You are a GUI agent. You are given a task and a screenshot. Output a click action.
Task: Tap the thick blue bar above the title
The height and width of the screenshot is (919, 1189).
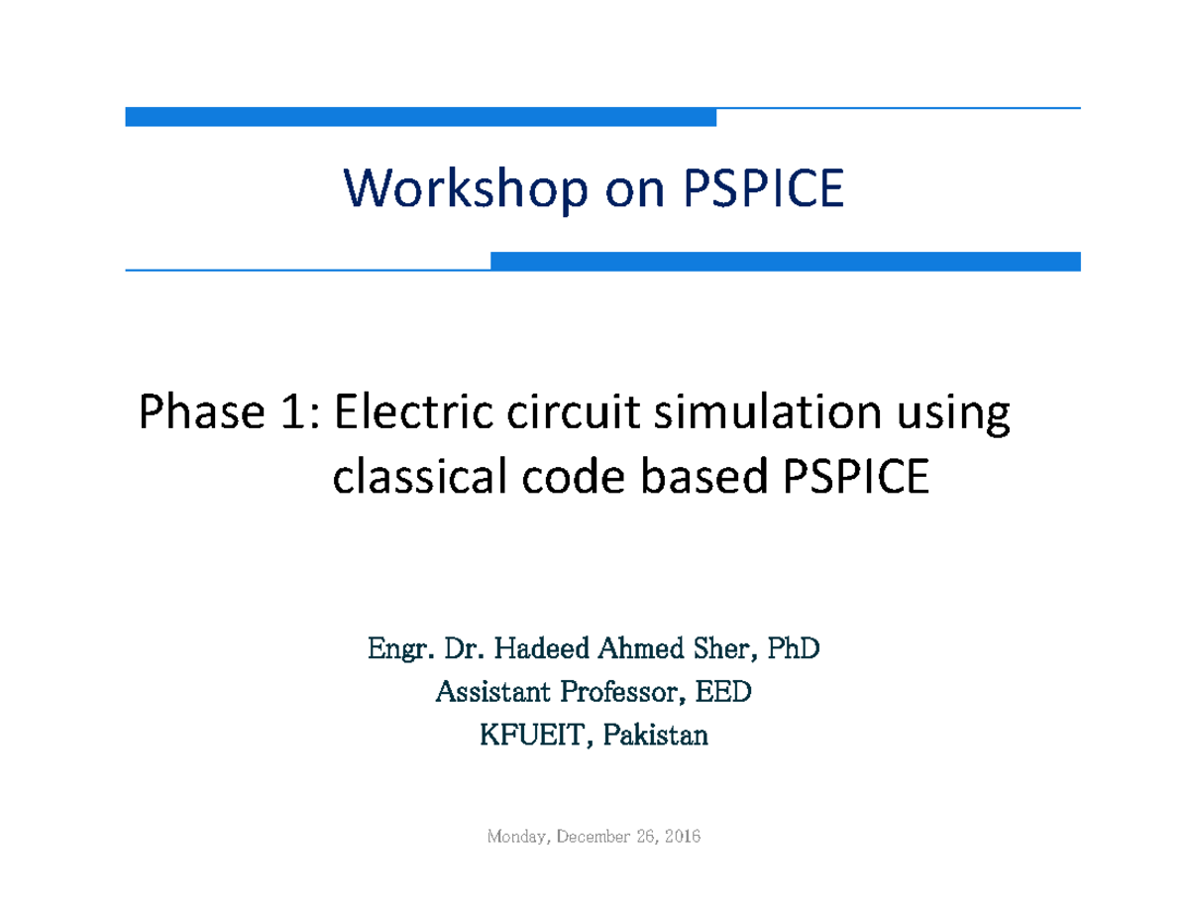point(420,118)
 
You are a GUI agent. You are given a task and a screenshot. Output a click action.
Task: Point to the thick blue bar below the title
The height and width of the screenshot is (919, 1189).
point(785,262)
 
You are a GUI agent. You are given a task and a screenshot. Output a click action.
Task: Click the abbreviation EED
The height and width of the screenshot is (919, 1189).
point(723,692)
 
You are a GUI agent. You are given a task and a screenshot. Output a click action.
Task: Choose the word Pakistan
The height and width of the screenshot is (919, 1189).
point(660,736)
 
